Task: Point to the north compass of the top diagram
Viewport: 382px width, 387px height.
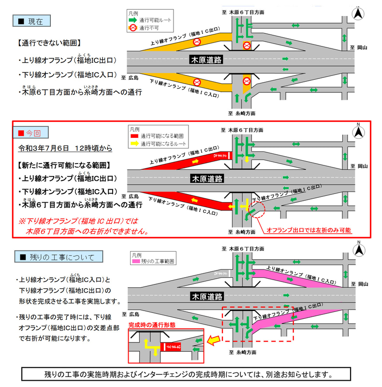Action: [358, 13]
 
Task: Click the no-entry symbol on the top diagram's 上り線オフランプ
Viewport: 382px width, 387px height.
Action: [197, 43]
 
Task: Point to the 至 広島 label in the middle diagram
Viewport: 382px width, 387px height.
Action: [130, 196]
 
